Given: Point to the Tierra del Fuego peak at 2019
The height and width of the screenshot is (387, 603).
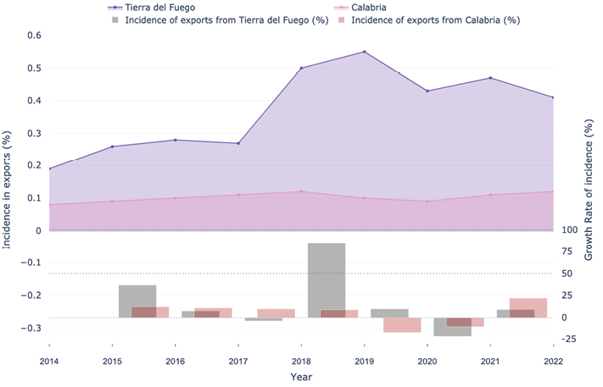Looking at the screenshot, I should tap(364, 52).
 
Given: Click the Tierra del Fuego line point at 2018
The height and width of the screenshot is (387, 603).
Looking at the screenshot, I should tap(301, 68).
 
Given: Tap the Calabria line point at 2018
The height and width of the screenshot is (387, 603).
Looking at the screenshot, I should tap(301, 191).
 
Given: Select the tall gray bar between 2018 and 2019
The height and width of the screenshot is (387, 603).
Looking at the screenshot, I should tap(326, 279).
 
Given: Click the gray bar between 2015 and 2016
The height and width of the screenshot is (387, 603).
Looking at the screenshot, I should tap(137, 301).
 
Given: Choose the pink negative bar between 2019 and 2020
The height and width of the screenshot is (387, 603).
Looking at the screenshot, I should tap(402, 324).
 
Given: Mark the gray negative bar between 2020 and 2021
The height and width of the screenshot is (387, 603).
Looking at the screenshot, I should tap(452, 327).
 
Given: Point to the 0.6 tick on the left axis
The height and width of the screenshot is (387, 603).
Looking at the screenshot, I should tap(33, 36).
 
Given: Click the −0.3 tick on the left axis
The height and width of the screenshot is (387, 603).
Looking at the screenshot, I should tap(31, 328).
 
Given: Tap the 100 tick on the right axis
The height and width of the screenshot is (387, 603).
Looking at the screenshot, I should tap(569, 229).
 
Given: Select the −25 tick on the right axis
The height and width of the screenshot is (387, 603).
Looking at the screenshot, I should tap(569, 339).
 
